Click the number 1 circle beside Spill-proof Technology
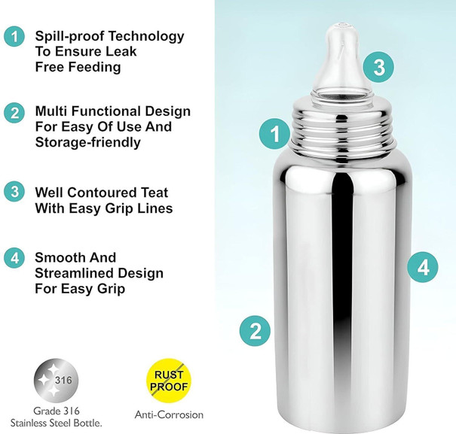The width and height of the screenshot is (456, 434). pos(14,36)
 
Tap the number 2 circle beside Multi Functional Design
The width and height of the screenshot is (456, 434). pos(14,113)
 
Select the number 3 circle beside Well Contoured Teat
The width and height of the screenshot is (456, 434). pos(14,192)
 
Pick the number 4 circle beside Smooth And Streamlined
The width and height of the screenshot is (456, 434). pos(14,258)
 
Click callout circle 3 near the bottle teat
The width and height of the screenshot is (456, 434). pos(378,67)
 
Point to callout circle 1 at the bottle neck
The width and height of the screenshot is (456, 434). pos(275,134)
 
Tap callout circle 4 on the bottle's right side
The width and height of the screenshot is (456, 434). pos(423,267)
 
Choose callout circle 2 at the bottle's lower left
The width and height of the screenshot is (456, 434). pos(255,331)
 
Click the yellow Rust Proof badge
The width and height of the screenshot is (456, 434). pos(169,381)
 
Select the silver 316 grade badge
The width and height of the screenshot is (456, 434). pos(56,381)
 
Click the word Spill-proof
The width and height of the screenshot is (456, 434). pos(70,37)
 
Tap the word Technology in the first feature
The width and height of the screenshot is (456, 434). pos(146,37)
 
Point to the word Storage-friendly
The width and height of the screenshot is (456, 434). pos(88,142)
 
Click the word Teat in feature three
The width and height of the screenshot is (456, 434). pos(155,193)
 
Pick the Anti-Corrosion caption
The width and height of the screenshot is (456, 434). pos(169,414)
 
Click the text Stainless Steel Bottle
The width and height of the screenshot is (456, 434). pos(56,423)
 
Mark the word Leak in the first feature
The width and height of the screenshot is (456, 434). pos(121,52)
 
